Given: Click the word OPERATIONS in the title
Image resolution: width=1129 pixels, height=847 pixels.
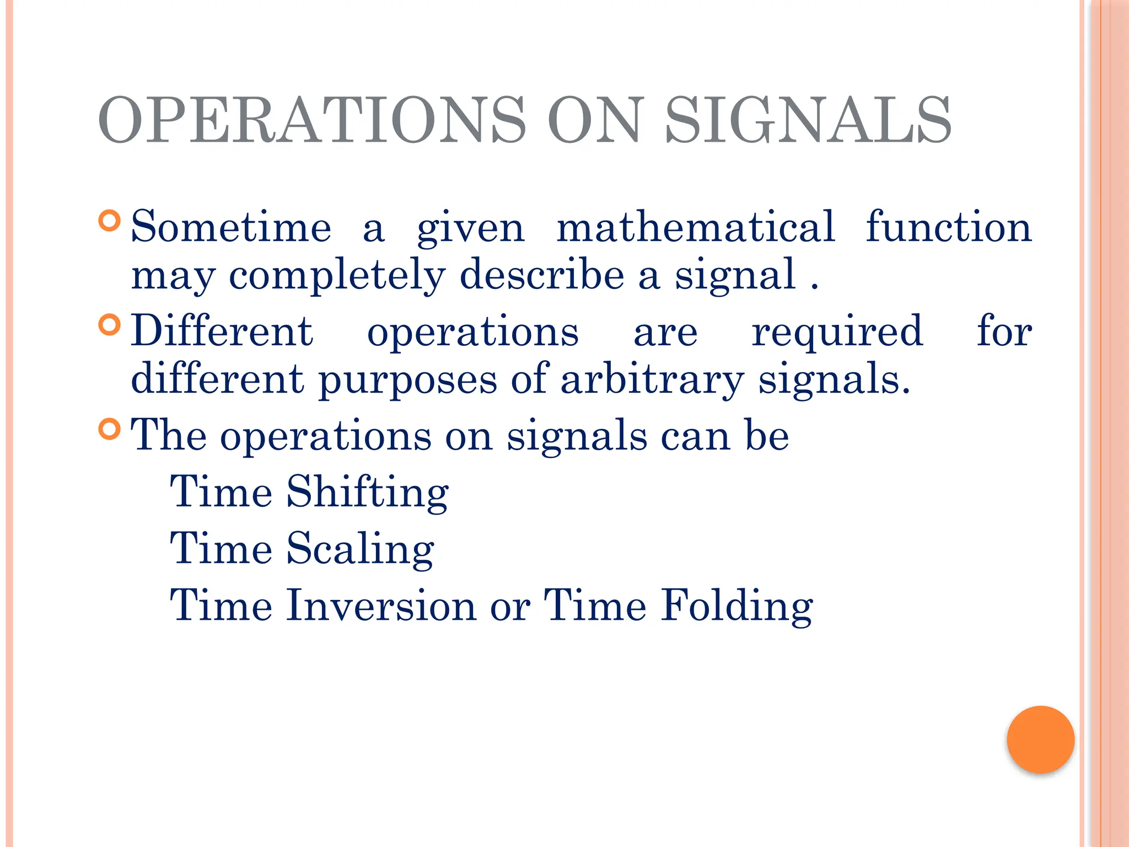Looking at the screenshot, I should (x=311, y=120).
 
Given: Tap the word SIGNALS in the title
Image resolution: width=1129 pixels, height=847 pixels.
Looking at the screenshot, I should (x=808, y=120).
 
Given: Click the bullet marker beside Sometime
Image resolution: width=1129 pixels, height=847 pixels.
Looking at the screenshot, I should (x=110, y=221).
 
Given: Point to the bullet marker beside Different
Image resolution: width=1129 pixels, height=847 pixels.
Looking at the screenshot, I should (x=110, y=325).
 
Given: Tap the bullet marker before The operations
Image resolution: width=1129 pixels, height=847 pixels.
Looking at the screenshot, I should (x=110, y=428).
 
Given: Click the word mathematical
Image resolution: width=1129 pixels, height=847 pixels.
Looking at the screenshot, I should (x=696, y=227).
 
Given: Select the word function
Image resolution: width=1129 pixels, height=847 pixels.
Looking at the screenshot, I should (x=948, y=227).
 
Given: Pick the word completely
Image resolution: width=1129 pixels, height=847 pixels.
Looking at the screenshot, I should (x=337, y=275).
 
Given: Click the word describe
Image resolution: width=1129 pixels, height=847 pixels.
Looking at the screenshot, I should (x=542, y=274).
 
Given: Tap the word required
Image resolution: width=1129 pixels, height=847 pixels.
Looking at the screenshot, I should (x=837, y=332).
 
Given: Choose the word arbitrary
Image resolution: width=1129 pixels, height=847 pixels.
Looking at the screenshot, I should (x=652, y=380).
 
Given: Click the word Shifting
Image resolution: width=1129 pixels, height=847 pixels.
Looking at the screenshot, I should (x=367, y=492).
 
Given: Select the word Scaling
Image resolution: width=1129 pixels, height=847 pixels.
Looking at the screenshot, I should (x=360, y=549).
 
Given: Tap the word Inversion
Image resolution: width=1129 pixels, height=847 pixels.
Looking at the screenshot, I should (x=381, y=605).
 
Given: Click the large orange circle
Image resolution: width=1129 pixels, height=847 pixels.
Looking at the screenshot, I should (x=1040, y=739).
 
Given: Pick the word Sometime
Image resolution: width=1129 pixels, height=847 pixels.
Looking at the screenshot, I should (x=231, y=227).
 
